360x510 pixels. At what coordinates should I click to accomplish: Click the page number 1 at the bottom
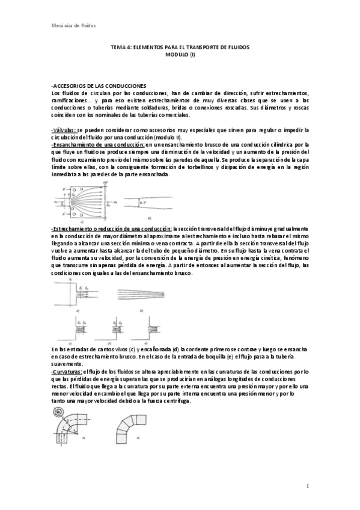click(x=307, y=485)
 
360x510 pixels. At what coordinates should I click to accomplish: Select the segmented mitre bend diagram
click(x=129, y=429)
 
